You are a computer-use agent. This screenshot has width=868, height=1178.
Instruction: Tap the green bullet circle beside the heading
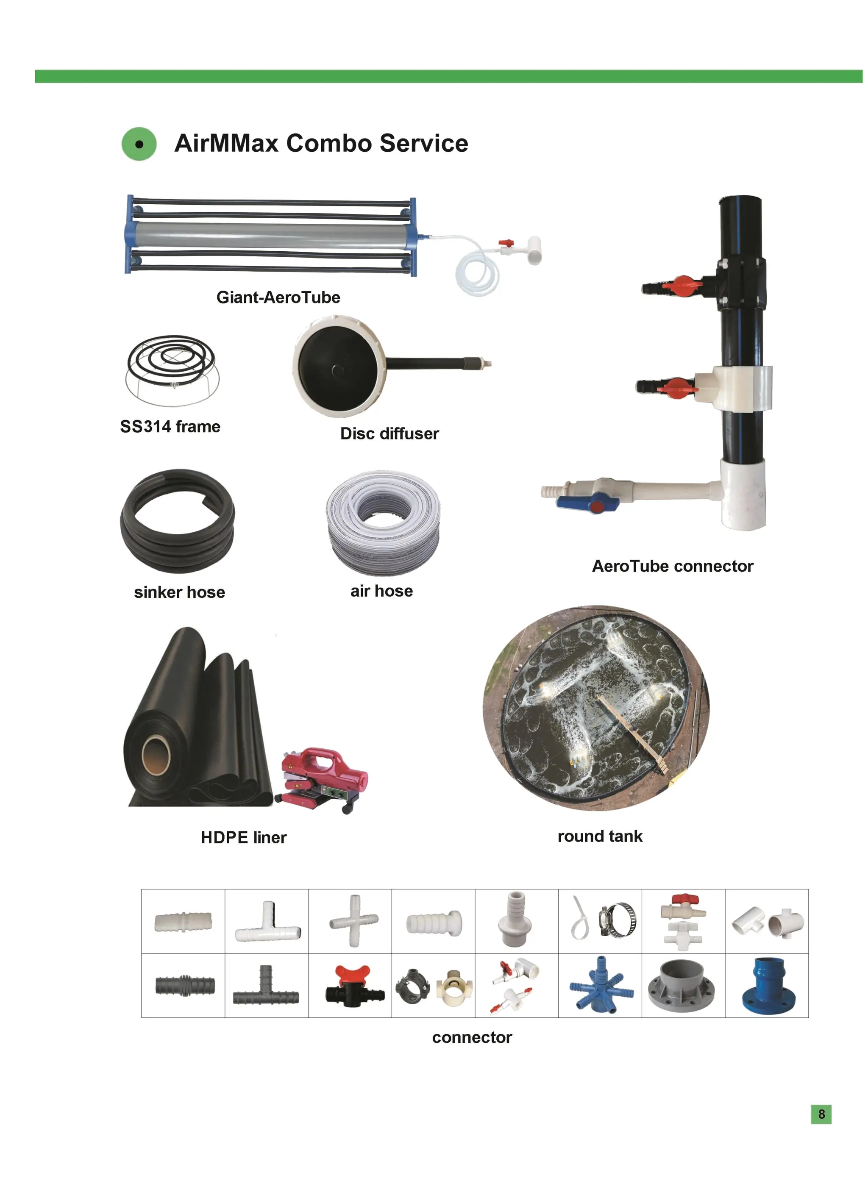(x=139, y=144)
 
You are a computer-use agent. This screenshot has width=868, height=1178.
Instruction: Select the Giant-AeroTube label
(x=278, y=297)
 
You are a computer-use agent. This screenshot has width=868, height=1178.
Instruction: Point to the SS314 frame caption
(x=170, y=426)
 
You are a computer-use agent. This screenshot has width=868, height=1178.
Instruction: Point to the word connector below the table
(x=472, y=1037)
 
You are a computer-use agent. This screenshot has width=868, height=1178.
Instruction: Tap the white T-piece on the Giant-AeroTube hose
(x=533, y=250)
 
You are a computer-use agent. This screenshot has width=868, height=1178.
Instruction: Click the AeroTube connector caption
(x=672, y=566)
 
